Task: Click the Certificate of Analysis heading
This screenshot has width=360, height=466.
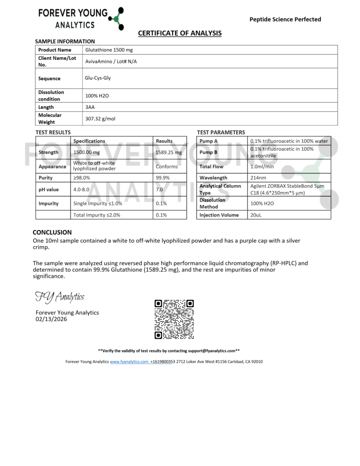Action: (180, 33)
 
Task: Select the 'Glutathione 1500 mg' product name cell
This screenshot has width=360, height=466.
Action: (108, 50)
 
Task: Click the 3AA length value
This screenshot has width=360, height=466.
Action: (90, 107)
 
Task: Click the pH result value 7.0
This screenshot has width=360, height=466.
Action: (159, 189)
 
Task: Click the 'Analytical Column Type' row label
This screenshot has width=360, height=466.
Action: (220, 189)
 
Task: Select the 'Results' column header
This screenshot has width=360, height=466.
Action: (164, 141)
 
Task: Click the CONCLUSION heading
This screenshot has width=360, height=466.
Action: (52, 232)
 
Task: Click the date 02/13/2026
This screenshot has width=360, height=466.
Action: (51, 319)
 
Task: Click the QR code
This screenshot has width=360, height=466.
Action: (174, 319)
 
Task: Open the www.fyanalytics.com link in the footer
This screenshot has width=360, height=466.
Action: (129, 362)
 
